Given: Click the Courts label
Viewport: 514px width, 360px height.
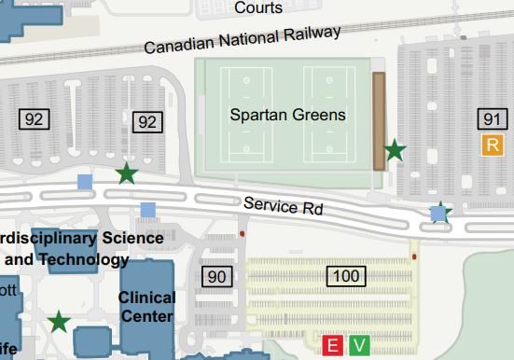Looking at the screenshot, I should tap(258, 7).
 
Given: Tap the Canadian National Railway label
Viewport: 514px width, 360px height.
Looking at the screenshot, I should tap(243, 39).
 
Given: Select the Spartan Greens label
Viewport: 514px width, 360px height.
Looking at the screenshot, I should tap(287, 116).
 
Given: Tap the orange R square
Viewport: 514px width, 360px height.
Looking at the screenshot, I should tap(493, 144).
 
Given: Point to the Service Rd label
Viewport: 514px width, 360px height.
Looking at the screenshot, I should tap(284, 206).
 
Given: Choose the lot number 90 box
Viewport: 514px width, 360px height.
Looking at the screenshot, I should tap(215, 276).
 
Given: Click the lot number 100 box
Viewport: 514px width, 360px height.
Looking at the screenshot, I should tap(345, 275).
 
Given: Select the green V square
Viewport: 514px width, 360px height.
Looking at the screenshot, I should tap(360, 346).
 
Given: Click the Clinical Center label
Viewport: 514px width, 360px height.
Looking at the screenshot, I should tap(147, 307).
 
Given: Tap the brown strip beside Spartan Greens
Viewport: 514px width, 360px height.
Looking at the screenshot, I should tap(379, 120).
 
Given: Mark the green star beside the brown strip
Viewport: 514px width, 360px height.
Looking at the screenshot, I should tap(396, 149).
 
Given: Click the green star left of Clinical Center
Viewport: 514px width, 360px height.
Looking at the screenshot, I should tap(60, 323).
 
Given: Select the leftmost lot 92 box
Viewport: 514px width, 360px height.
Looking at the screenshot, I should tap(35, 118).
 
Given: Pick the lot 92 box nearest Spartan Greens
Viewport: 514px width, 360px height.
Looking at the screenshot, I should tap(146, 121).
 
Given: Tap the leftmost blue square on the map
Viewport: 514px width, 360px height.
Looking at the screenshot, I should tap(85, 182).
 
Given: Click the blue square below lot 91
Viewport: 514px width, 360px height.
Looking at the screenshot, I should tap(438, 214).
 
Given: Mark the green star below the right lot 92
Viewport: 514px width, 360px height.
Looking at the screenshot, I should tap(125, 173).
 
